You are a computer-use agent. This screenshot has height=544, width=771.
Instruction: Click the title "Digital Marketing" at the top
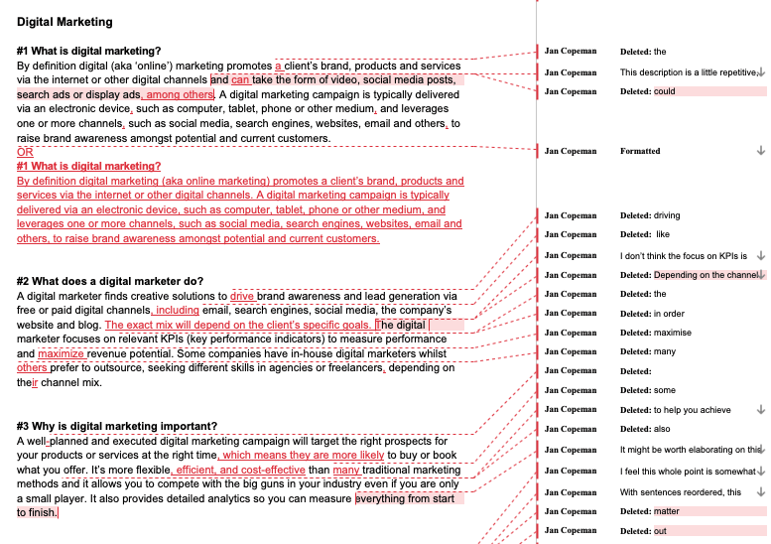click(x=64, y=22)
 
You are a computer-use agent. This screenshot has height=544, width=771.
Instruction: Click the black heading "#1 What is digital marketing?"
click(x=88, y=51)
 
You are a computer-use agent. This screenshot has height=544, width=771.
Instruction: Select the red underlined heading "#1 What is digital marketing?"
click(x=88, y=167)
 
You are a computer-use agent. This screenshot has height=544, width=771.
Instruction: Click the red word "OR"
click(x=25, y=153)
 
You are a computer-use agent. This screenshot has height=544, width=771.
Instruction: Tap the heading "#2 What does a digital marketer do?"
click(x=110, y=282)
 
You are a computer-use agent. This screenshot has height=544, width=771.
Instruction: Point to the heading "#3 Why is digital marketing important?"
click(x=117, y=427)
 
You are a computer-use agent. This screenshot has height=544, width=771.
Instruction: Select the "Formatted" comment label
click(x=640, y=151)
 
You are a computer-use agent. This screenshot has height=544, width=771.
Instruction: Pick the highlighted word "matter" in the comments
click(x=668, y=511)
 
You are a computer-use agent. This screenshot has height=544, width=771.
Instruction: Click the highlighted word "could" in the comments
click(x=665, y=91)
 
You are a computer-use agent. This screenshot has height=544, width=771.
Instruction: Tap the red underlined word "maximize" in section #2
click(x=62, y=353)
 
